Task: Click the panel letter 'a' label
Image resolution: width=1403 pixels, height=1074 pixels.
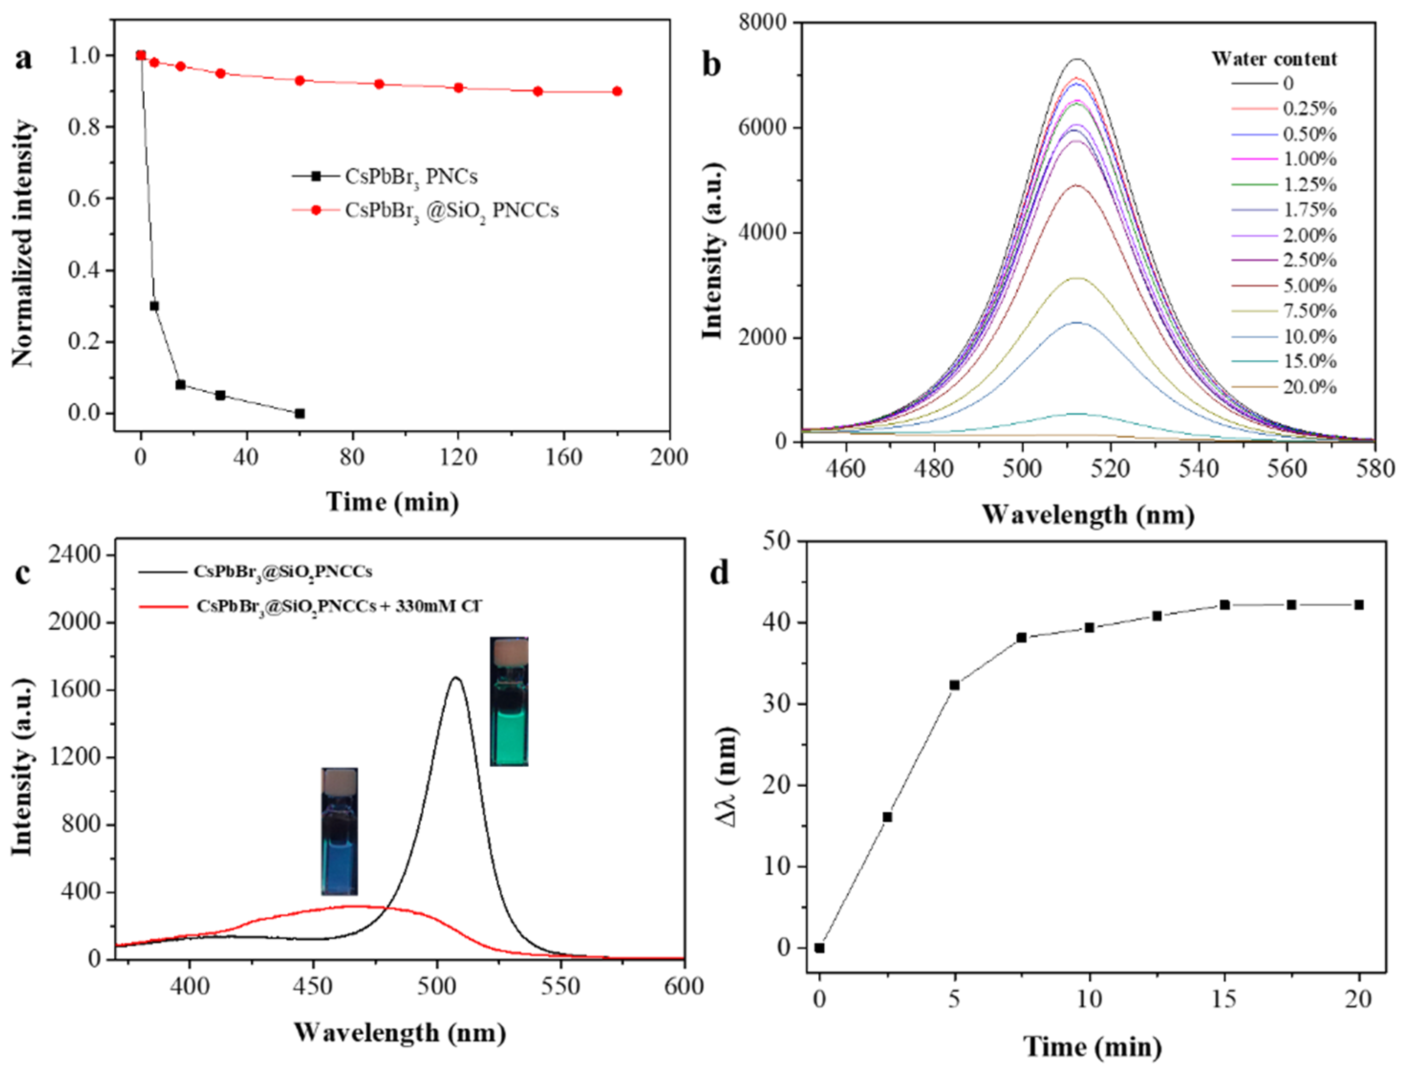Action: coord(24,59)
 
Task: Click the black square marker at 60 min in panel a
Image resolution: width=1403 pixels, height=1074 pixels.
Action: coord(299,414)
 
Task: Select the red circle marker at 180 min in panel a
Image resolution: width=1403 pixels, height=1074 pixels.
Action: coord(617,91)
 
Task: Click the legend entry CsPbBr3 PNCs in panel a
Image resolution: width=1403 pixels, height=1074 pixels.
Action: coord(410,176)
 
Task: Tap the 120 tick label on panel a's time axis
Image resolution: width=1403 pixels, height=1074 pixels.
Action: coord(458,457)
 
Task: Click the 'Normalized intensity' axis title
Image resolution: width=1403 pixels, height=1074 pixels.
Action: coord(23,243)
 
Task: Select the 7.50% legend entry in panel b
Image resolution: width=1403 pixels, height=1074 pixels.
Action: coord(1309,311)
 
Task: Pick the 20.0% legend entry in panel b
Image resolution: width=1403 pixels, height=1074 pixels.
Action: coord(1309,387)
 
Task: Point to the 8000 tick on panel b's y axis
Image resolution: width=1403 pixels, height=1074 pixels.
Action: coord(762,22)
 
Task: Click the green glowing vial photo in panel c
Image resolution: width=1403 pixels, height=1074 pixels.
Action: coord(509,701)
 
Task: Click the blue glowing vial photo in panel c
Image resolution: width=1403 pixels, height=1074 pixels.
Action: coord(339,831)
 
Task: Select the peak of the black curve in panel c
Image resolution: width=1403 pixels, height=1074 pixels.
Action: coord(455,677)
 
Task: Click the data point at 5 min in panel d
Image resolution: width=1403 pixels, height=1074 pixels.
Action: coord(954,685)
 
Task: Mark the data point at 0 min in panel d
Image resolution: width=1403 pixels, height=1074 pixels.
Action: coord(819,948)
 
